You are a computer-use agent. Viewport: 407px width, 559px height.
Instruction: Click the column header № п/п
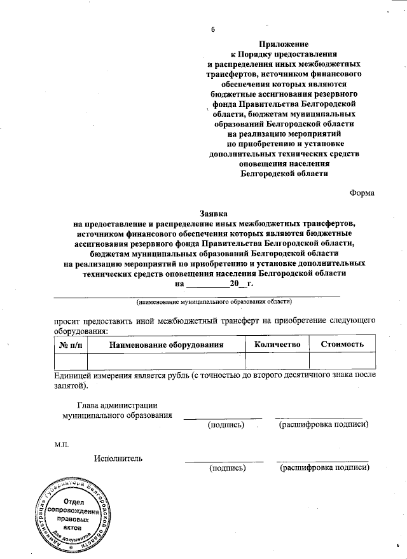[71, 345]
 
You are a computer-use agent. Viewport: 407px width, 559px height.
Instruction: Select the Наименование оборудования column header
[167, 345]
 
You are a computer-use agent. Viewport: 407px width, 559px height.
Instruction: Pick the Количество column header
[277, 344]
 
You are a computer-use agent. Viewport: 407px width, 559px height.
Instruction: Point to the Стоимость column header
[342, 344]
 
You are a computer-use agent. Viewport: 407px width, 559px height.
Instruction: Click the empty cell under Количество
[277, 361]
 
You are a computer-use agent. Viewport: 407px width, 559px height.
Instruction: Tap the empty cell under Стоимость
[342, 361]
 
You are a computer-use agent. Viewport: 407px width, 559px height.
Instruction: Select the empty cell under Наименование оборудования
[167, 361]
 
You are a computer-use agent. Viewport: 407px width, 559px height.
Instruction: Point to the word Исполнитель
[118, 458]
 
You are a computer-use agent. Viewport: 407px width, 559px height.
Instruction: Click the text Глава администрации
[117, 405]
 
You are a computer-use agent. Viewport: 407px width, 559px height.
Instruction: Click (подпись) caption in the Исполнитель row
[226, 467]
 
